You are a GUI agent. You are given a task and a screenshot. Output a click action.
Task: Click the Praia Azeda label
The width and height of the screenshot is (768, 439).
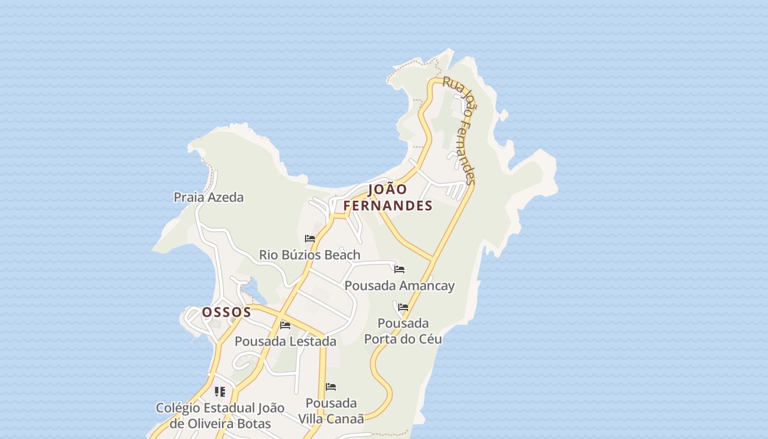(x=208, y=197)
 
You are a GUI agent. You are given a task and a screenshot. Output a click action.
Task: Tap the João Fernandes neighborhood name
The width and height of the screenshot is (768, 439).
(x=388, y=198)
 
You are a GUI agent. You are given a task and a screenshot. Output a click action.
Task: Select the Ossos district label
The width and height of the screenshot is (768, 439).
(x=227, y=312)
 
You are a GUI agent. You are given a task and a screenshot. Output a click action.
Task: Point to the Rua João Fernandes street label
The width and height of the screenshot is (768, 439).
(x=460, y=130)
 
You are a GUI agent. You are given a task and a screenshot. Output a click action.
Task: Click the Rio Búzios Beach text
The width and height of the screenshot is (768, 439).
(x=309, y=255)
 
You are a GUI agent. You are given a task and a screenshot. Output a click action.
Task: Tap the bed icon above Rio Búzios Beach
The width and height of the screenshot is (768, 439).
(x=310, y=239)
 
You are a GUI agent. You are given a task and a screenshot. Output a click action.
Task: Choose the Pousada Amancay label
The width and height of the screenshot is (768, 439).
(x=399, y=286)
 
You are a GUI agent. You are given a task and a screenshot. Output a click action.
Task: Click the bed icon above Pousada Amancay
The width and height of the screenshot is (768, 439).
(x=399, y=269)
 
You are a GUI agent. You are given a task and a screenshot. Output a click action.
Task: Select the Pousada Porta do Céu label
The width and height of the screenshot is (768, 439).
(x=403, y=331)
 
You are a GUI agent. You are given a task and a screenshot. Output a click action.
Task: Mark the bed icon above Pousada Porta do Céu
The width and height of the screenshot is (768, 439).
(x=403, y=307)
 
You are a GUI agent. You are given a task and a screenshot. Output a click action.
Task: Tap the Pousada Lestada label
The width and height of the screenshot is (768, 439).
(x=285, y=341)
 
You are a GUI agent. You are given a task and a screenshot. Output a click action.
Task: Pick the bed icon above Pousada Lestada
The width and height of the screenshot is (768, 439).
(x=285, y=325)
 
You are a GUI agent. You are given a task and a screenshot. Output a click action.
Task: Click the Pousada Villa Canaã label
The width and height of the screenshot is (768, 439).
(x=331, y=410)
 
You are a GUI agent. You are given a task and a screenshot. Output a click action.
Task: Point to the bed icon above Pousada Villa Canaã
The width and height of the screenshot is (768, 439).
(x=331, y=387)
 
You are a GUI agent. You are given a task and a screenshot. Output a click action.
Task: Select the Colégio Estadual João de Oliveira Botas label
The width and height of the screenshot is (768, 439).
(x=220, y=415)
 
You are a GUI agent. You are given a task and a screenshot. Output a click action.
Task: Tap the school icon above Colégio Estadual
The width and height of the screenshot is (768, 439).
(x=220, y=392)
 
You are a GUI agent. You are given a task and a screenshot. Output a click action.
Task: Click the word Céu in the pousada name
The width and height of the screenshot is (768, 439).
(x=430, y=339)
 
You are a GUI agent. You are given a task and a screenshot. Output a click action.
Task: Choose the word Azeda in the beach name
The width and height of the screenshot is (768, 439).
(x=225, y=197)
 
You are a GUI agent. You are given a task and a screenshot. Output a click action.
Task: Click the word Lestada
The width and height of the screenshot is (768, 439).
(x=310, y=341)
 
